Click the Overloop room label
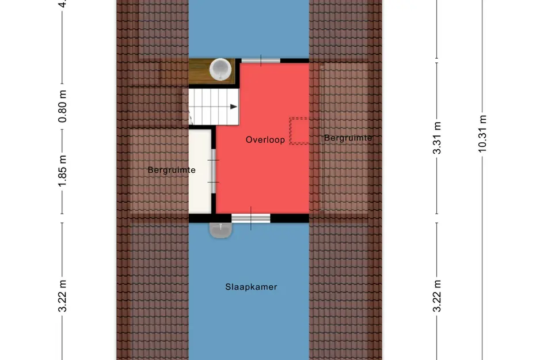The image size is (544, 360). click(x=265, y=139)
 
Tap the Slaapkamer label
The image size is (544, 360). click(x=251, y=287)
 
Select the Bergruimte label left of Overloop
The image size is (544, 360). click(x=172, y=170)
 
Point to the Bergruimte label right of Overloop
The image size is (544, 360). click(x=348, y=138)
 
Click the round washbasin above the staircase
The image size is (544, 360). click(x=220, y=69)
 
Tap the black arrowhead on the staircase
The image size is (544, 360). click(x=234, y=107)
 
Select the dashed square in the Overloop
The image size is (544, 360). click(x=299, y=131)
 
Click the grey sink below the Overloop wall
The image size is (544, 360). click(x=220, y=229)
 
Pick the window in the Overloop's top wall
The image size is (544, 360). click(x=260, y=60)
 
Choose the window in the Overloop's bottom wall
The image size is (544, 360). click(x=251, y=218)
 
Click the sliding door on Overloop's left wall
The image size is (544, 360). click(x=213, y=170)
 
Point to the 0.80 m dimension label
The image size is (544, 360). click(x=63, y=108)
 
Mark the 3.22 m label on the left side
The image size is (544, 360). click(x=63, y=296)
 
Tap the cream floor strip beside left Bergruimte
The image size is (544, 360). click(x=201, y=173)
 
